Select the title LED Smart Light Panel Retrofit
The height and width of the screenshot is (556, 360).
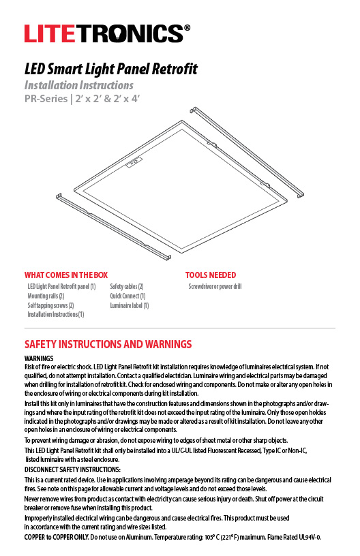110,69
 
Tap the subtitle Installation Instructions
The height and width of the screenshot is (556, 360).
78,86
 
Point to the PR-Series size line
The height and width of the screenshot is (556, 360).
85,99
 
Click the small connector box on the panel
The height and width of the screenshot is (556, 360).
134,162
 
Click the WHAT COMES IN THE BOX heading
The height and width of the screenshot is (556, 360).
65,275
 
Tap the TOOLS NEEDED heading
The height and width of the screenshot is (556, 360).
211,275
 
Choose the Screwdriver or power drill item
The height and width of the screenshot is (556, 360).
215,287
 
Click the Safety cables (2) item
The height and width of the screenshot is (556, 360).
126,287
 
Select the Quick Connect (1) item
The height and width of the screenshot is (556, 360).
127,296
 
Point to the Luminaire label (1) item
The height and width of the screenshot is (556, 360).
129,306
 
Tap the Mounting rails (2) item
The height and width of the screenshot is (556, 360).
46,296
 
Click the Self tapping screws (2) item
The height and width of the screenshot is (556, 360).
50,306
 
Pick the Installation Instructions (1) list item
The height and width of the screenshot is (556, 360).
56,315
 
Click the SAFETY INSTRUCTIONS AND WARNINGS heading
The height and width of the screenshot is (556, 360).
108,344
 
